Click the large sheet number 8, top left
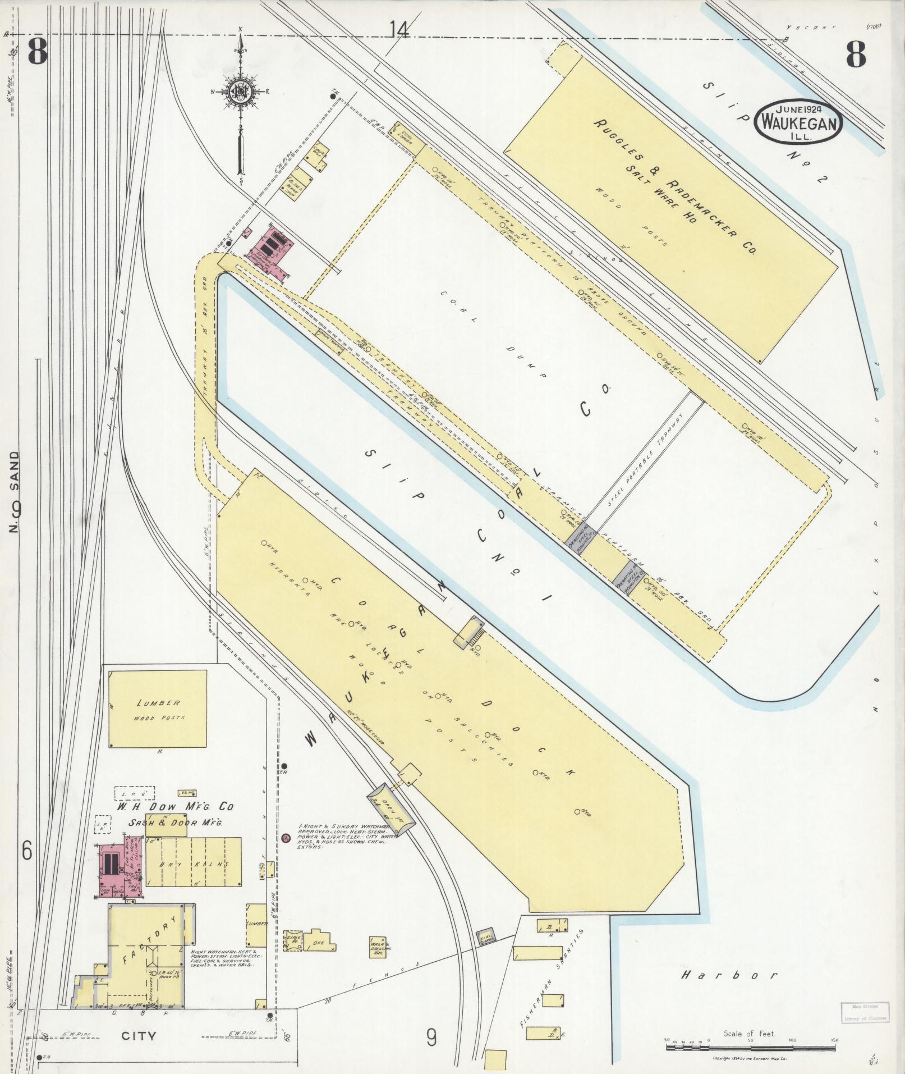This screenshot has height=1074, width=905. coord(36,54)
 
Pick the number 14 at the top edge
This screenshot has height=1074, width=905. coord(400,29)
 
